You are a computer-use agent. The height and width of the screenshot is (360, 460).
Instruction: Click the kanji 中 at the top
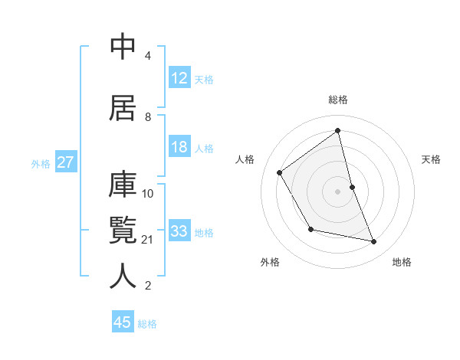click(123, 47)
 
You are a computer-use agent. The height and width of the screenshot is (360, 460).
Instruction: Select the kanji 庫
click(123, 186)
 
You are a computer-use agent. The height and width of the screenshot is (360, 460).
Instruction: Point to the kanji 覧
click(123, 231)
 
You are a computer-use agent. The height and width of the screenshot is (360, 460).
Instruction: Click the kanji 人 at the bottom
click(123, 276)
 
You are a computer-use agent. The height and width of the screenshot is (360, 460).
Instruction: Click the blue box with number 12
click(179, 78)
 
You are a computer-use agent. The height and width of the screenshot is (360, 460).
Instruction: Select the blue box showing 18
click(179, 147)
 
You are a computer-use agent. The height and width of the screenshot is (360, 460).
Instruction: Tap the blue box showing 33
click(179, 231)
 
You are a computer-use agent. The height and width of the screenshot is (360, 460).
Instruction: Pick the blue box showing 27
click(66, 162)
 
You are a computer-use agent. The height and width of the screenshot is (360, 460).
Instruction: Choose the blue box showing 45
click(123, 322)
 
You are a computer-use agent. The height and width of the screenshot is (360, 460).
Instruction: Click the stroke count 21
click(149, 240)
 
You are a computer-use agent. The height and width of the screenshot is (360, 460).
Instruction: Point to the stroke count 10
click(149, 193)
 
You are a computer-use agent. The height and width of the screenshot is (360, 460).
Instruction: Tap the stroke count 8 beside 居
click(149, 117)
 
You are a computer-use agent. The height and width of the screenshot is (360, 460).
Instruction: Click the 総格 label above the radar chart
click(338, 100)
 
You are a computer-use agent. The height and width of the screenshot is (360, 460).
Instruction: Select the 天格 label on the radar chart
click(432, 159)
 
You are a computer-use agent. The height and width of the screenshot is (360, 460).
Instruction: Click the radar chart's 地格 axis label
click(402, 262)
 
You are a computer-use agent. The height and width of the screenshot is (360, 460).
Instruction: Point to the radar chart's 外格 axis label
click(270, 262)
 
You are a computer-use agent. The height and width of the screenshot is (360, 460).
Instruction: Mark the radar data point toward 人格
click(280, 172)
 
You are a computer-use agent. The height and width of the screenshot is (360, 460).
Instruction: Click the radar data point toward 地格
click(374, 241)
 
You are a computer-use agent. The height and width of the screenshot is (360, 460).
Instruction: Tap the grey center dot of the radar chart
click(337, 191)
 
